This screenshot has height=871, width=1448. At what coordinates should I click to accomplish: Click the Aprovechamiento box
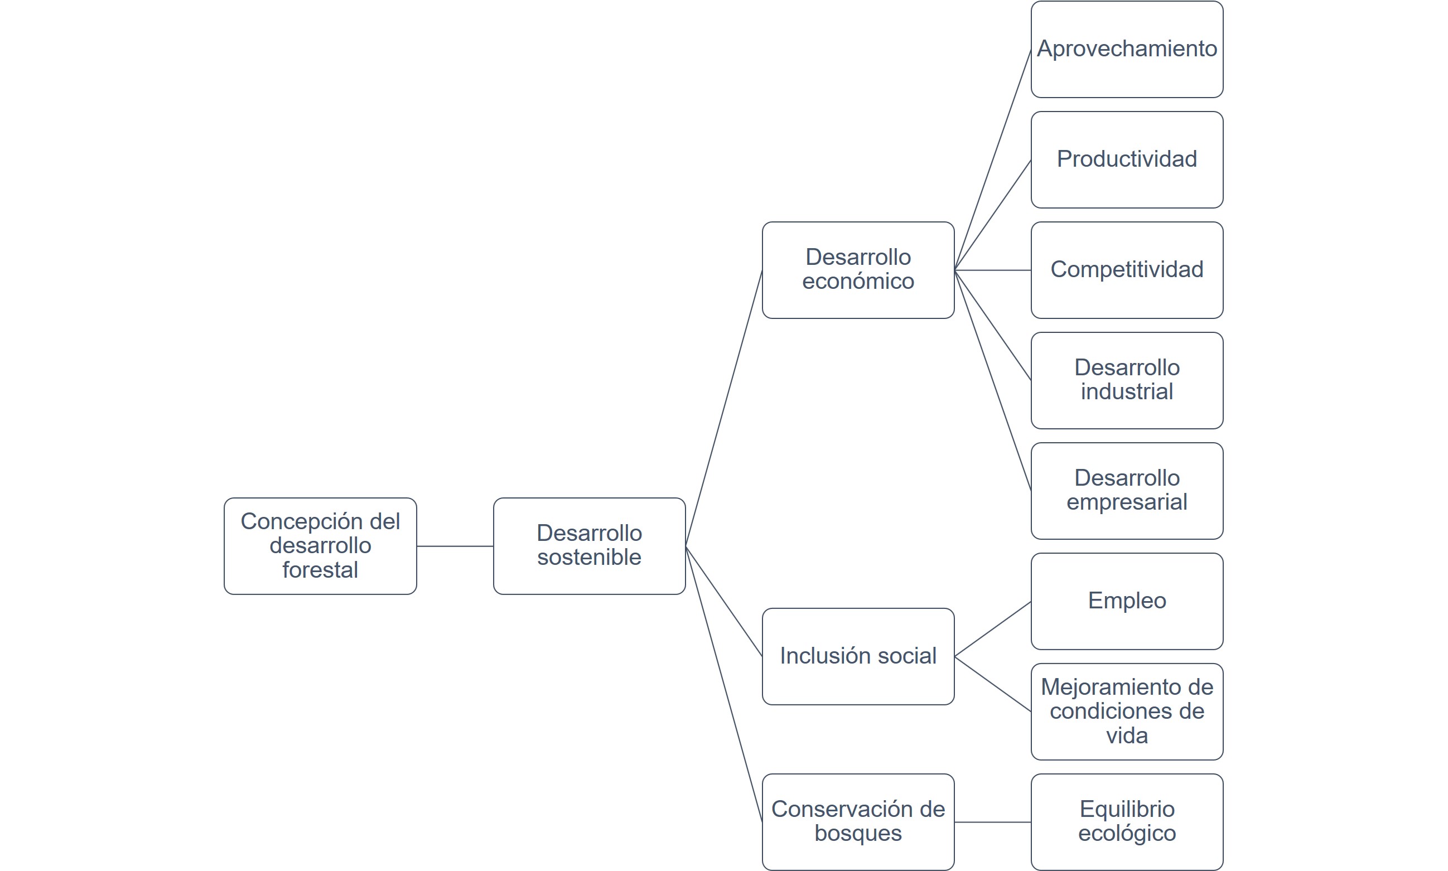[1126, 49]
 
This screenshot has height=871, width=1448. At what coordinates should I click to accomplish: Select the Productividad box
[1126, 159]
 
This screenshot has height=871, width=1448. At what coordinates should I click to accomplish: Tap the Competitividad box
[1126, 270]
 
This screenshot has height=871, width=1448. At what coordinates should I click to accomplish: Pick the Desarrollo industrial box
[1126, 380]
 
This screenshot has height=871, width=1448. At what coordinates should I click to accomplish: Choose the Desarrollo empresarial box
[1126, 491]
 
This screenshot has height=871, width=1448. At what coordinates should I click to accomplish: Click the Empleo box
[1126, 601]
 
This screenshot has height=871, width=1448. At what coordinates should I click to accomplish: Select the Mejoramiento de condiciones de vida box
[1126, 712]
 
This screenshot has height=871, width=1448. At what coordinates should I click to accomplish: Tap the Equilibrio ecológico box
[1126, 822]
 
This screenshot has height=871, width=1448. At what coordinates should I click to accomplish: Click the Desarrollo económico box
[857, 270]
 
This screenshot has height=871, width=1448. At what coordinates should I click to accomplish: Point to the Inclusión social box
[857, 656]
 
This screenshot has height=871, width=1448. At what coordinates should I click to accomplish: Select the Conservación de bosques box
[857, 822]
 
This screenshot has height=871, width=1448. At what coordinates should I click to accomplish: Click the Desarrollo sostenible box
[588, 546]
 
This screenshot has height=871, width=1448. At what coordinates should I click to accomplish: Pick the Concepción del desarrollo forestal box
[320, 546]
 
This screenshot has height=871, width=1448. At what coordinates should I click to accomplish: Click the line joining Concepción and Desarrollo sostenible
[455, 546]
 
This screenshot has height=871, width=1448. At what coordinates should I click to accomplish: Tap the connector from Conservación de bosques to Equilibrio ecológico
[992, 822]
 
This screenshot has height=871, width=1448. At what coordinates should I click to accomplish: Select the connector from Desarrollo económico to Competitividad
[992, 270]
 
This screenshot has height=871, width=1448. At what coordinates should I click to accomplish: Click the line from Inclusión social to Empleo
[992, 629]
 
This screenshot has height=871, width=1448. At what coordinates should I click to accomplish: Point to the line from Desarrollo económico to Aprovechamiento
[992, 160]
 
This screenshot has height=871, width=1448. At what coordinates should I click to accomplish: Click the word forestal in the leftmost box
[320, 570]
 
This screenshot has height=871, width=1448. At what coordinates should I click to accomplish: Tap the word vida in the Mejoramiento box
[1126, 735]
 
